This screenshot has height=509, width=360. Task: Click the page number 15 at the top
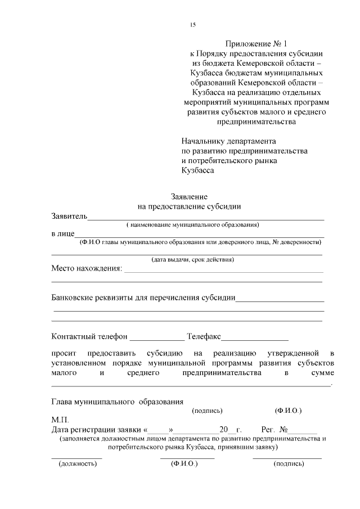[x=192, y=24]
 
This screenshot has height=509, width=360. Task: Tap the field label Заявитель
[x=69, y=216]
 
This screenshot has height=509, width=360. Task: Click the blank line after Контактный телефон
[x=157, y=339]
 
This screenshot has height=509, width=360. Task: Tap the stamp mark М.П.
[x=60, y=420]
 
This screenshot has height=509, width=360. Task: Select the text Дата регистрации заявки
[x=97, y=429]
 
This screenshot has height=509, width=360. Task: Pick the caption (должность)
[x=78, y=464]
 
